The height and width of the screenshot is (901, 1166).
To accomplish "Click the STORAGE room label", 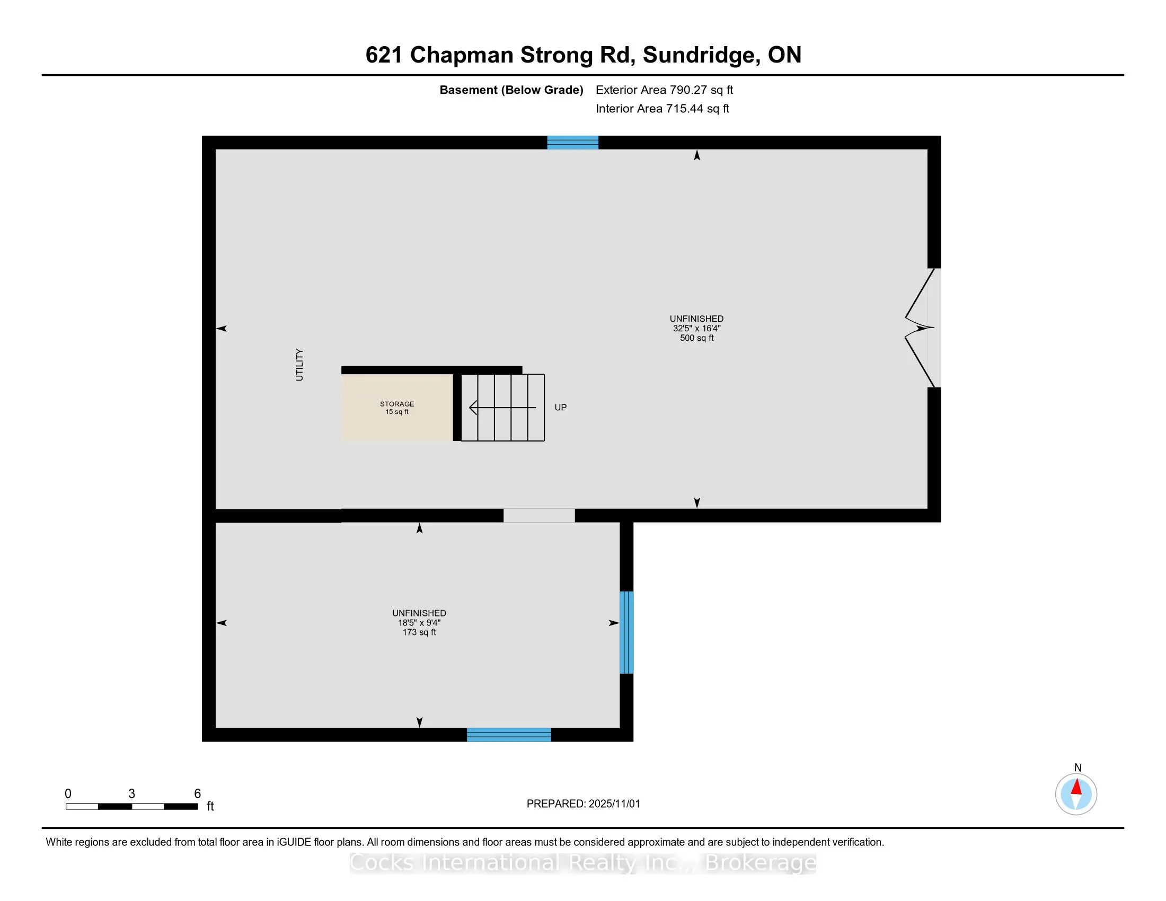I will click(x=396, y=404).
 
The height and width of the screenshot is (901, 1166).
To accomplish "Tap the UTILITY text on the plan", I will click(x=299, y=365).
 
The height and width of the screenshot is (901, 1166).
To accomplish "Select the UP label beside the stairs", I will click(x=560, y=407).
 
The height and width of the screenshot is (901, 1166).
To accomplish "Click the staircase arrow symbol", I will click(x=502, y=408).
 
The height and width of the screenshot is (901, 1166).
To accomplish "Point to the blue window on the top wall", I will click(x=572, y=143).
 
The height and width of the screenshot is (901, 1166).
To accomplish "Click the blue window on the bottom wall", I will click(x=509, y=735).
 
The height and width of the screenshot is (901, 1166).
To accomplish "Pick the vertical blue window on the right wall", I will click(x=626, y=632).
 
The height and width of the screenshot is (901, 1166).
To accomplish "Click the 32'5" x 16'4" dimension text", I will click(x=696, y=329).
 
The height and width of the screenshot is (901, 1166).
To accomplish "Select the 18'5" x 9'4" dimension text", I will click(x=419, y=623).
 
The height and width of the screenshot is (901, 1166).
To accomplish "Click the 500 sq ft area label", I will click(x=696, y=339).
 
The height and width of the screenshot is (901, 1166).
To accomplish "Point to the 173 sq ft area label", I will click(x=419, y=632).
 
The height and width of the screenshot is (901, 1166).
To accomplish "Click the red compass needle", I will click(x=1076, y=787).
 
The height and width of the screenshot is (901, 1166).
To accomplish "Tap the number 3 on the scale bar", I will click(x=131, y=794).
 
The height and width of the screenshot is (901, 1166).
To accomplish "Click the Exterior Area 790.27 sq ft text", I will click(x=664, y=90).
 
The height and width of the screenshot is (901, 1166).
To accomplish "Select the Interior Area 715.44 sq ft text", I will click(x=662, y=109).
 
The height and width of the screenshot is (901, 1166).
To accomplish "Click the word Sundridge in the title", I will click(x=701, y=55).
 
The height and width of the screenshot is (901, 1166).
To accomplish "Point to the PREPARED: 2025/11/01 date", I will click(x=583, y=804).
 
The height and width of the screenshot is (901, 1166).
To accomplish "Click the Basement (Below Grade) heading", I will click(x=511, y=90).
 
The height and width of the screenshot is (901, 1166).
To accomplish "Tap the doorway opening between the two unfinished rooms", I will click(x=538, y=516).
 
